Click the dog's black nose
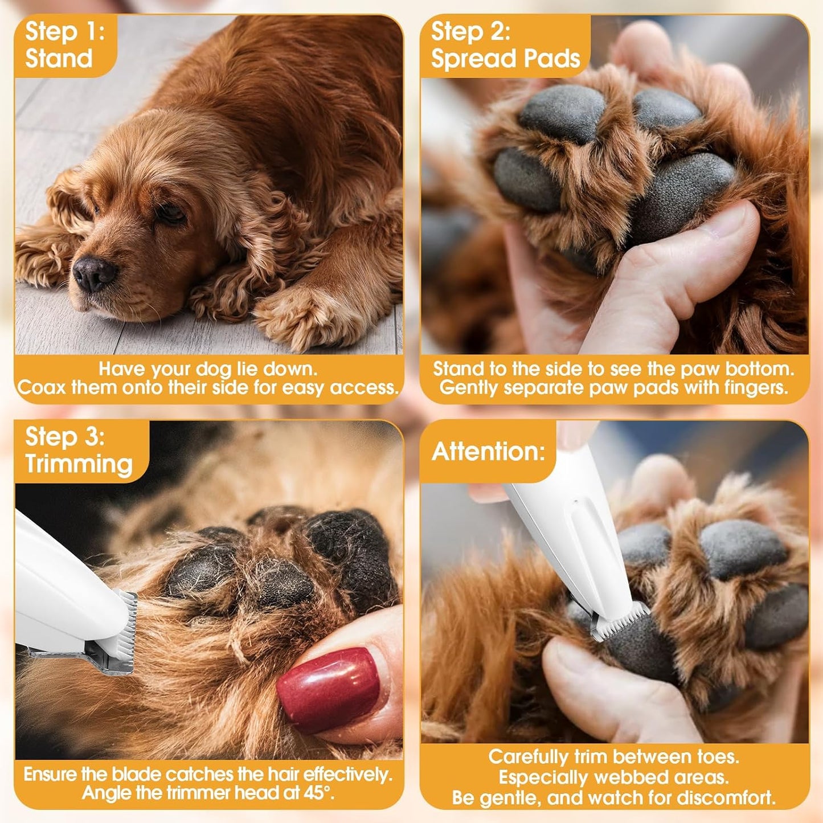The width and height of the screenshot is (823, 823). click(x=93, y=273)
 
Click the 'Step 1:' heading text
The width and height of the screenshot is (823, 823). click(x=64, y=31)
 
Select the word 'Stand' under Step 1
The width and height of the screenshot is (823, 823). click(x=59, y=59)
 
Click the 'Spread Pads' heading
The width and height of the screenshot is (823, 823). click(x=505, y=59)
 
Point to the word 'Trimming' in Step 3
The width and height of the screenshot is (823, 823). click(x=79, y=464)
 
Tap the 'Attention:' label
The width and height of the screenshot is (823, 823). click(x=488, y=452)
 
